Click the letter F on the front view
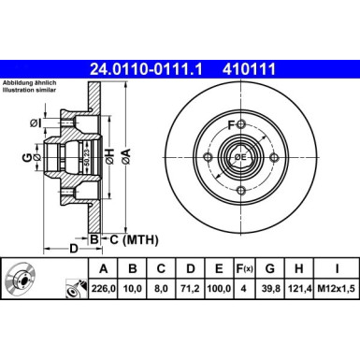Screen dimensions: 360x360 coord(230,124)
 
